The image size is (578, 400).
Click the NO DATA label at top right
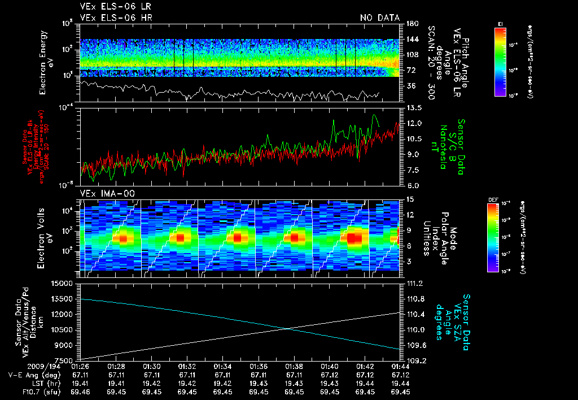(379, 18)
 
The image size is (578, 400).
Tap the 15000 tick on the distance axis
(63, 283)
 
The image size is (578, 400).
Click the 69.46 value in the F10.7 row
(81, 391)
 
